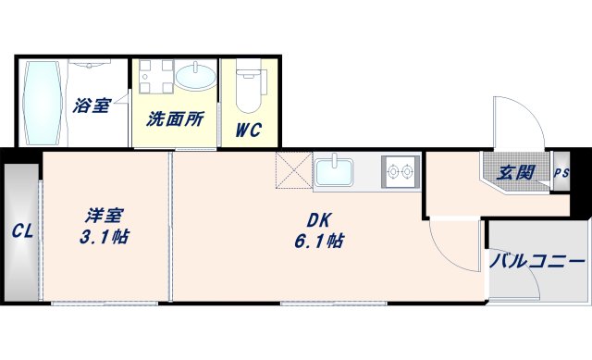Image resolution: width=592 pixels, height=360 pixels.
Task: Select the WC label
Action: tap(247, 130)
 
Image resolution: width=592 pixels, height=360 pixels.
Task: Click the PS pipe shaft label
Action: tap(561, 172)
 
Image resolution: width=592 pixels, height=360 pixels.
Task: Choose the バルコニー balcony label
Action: tap(537, 262)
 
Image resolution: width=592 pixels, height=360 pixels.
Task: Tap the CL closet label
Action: tap(22, 232)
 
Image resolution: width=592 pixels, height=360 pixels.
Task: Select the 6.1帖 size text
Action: tap(321, 241)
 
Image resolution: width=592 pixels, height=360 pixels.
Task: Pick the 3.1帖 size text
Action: tap(104, 236)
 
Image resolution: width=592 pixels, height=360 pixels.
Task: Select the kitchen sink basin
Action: tap(334, 172)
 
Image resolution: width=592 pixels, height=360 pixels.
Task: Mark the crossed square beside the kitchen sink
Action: tap(294, 171)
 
